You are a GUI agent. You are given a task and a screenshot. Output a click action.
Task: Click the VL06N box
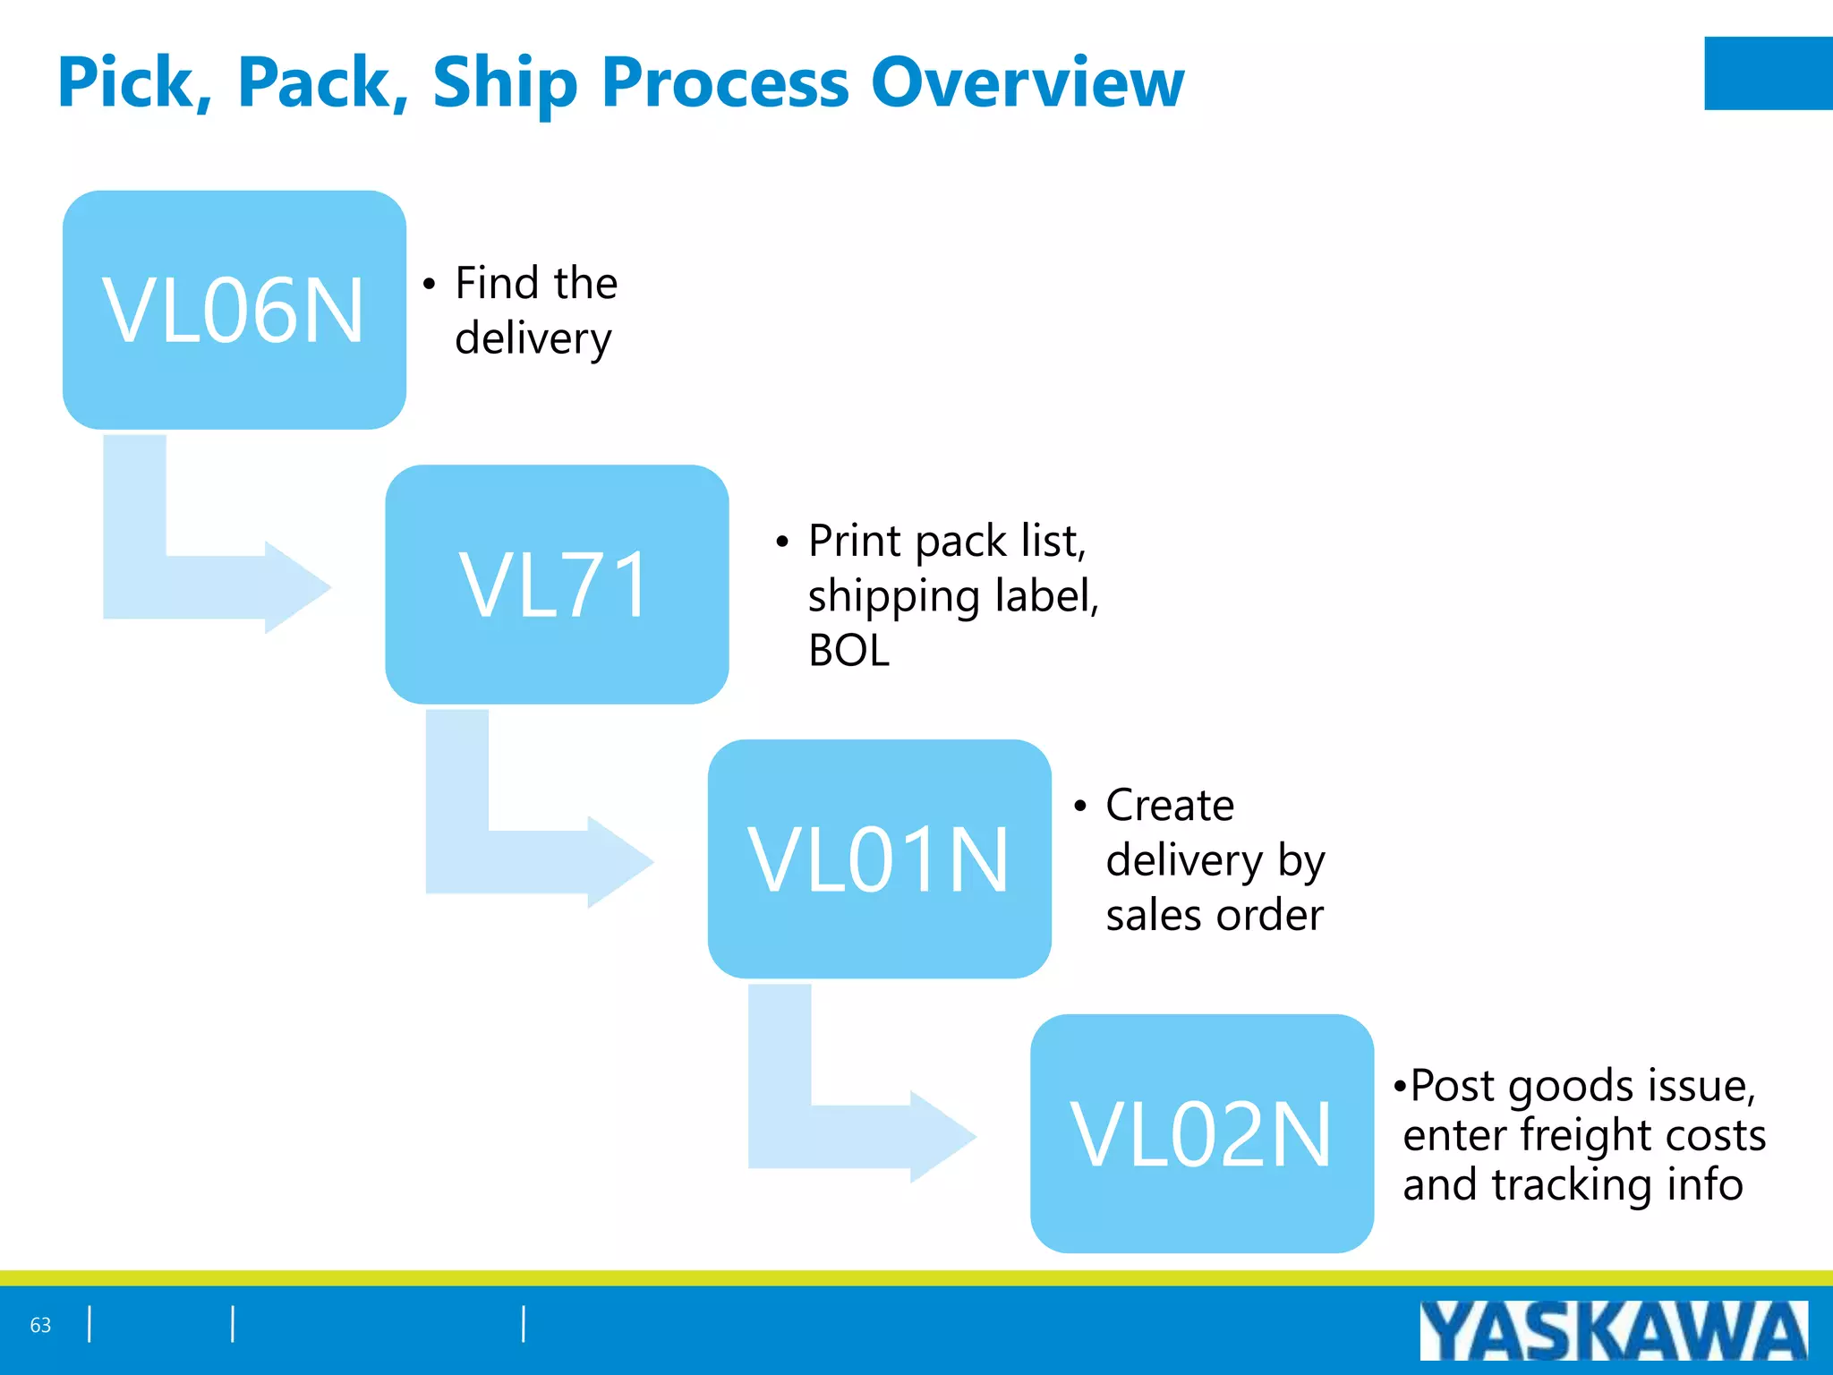[234, 310]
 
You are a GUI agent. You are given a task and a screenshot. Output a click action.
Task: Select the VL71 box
[556, 585]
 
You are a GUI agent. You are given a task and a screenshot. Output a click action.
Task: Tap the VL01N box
[879, 859]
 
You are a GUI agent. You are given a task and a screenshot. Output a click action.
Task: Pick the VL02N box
[1201, 1133]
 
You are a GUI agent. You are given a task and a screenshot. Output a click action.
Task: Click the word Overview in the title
[1027, 82]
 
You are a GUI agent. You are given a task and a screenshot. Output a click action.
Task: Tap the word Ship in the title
[505, 82]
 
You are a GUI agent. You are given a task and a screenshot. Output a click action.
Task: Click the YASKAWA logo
[1613, 1330]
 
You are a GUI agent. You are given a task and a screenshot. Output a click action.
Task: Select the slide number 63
[40, 1325]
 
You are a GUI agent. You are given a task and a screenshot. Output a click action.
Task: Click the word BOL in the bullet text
[848, 651]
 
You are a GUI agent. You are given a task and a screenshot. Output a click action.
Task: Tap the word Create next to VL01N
[1169, 805]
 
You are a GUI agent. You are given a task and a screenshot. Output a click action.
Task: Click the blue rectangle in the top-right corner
[1768, 73]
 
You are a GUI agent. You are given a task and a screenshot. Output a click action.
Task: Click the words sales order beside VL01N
[1214, 915]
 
